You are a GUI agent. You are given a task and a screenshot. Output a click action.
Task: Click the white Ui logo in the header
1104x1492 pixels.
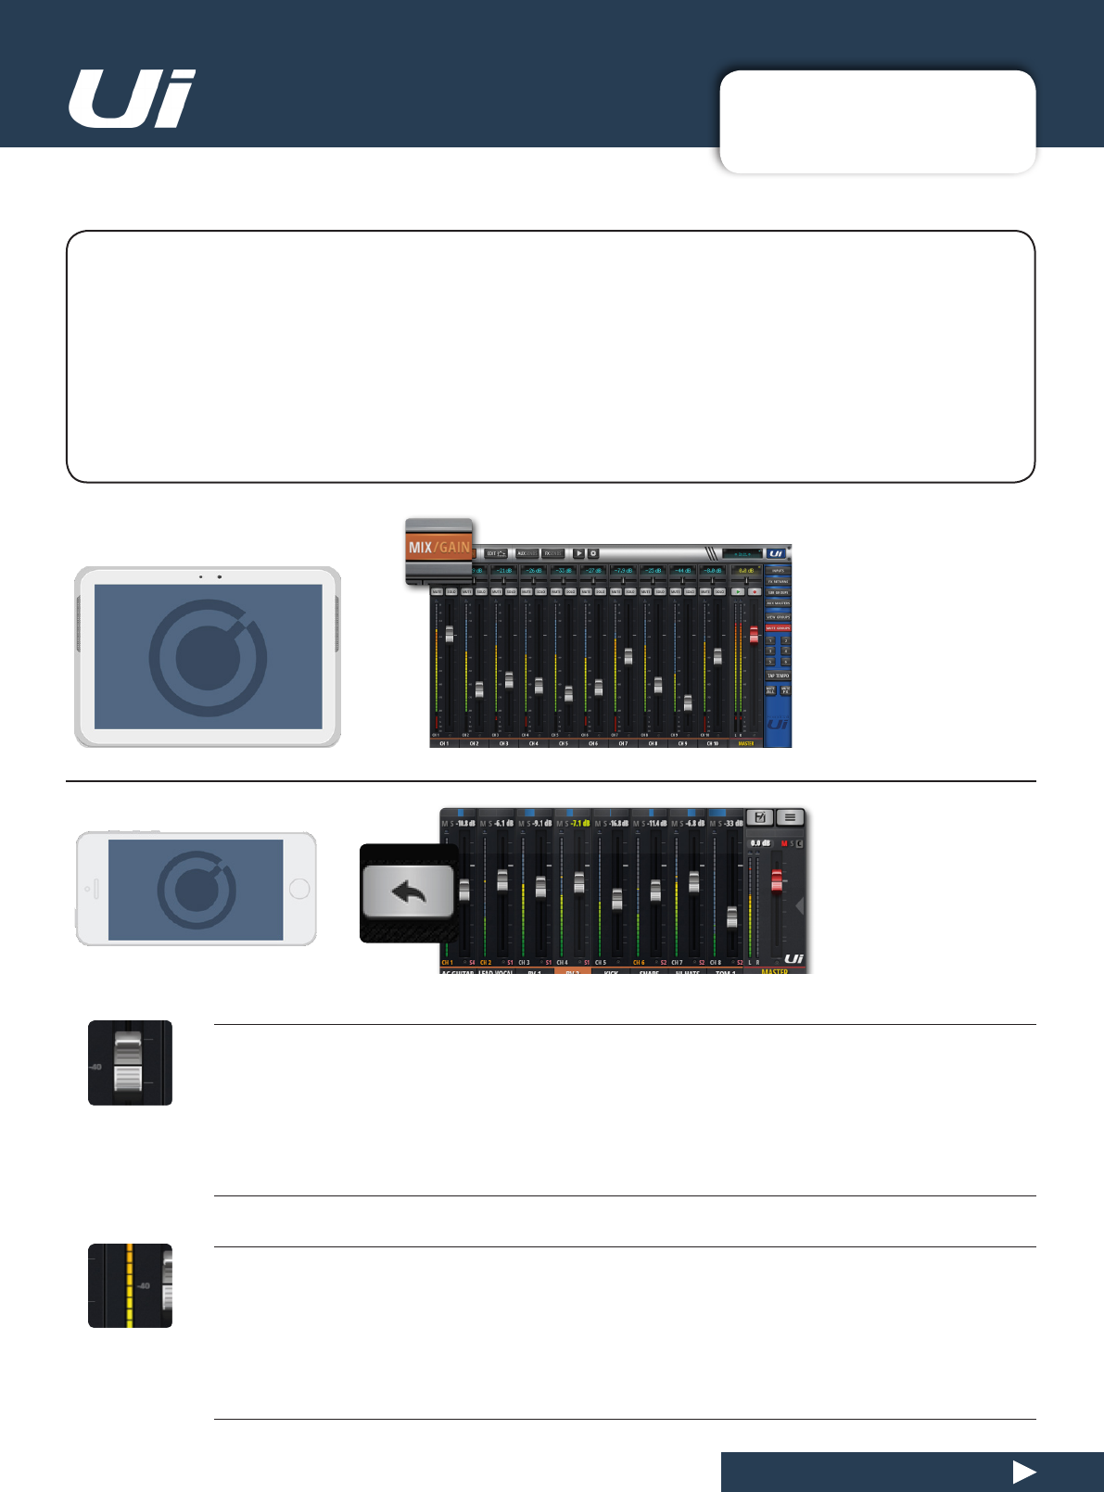132,99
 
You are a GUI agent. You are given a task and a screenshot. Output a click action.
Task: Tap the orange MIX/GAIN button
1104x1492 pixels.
438,547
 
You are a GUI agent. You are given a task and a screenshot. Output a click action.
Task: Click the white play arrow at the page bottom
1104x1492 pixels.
1023,1472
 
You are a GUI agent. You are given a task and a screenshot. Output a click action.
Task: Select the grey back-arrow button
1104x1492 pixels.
408,892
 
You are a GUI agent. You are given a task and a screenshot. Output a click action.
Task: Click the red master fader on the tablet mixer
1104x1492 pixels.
754,636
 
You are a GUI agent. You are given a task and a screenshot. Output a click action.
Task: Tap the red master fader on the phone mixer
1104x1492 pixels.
777,880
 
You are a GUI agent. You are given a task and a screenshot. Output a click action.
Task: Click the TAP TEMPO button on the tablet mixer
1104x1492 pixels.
778,676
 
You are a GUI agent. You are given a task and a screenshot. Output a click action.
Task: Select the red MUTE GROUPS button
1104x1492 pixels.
778,627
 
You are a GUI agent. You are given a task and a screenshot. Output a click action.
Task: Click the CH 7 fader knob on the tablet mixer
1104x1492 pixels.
628,656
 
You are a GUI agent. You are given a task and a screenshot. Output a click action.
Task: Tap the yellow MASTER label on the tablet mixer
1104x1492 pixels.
746,743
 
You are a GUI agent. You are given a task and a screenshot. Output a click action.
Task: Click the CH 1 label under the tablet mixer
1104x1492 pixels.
444,743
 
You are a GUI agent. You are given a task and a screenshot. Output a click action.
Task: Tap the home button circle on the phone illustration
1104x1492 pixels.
299,889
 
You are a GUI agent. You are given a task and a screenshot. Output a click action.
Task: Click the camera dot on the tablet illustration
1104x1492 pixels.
220,576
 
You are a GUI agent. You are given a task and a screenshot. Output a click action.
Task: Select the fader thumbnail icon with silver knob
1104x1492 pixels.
130,1063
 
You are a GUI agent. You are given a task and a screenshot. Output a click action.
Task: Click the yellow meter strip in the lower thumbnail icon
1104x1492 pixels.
130,1285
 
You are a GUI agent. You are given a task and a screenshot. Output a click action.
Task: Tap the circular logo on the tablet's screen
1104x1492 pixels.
208,657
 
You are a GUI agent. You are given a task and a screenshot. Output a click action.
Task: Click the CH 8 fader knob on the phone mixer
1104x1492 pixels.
731,917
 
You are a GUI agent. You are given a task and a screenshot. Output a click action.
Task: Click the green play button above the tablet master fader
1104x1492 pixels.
738,591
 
